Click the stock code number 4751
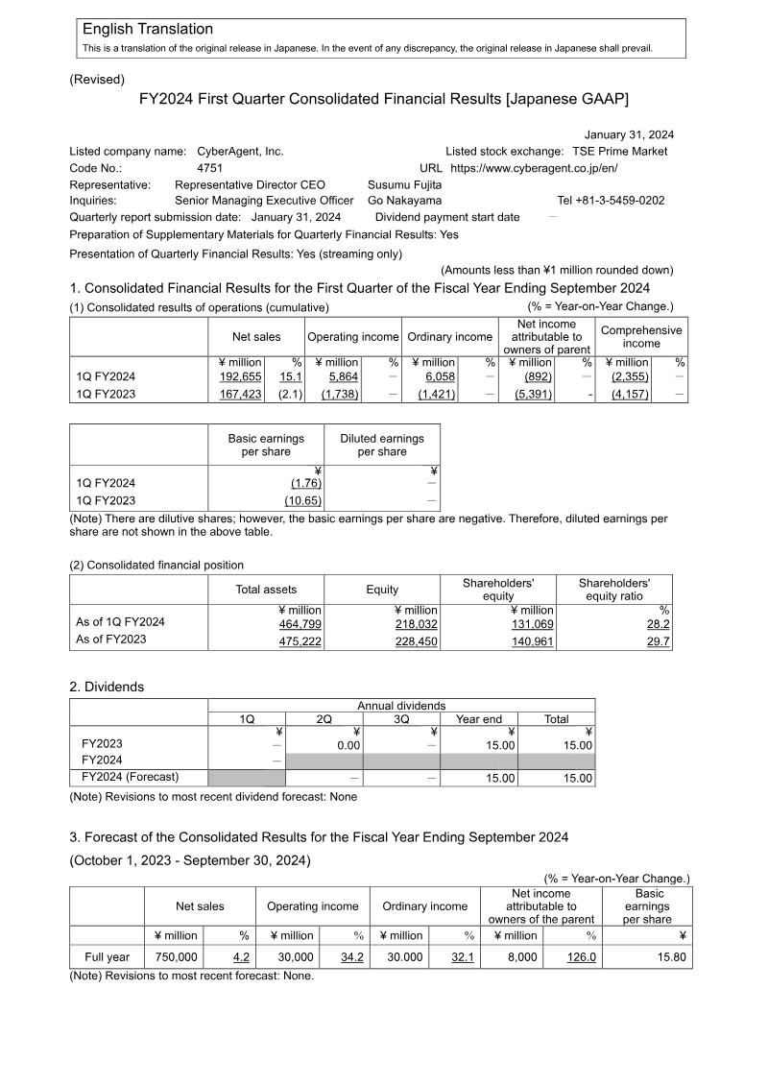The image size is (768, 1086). coord(209,168)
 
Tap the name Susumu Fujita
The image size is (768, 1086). coord(405,184)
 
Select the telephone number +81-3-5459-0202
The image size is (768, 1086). coord(611,201)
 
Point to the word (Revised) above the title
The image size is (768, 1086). coord(97,80)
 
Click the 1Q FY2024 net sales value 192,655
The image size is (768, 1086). coord(241,376)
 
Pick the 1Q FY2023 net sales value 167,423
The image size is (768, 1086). coord(241,394)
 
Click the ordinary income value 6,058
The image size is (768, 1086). coord(440,376)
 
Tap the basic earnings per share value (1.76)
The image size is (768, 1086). coord(305,483)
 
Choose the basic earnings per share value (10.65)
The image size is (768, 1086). coord(302,500)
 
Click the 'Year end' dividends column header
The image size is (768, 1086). coord(479,719)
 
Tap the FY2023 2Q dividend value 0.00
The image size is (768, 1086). coord(346,743)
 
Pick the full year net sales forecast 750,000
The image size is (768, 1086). coord(176,957)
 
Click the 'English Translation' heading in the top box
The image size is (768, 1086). coord(148,30)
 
